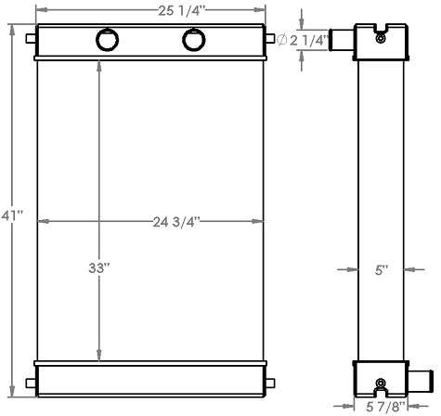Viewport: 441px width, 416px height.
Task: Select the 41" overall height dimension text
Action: pyautogui.click(x=12, y=215)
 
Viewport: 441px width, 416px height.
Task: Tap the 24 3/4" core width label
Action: pyautogui.click(x=177, y=221)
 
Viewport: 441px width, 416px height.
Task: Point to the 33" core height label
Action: pyautogui.click(x=99, y=268)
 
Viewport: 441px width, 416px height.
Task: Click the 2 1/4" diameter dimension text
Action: pyautogui.click(x=309, y=40)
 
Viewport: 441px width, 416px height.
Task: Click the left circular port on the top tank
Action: pyautogui.click(x=107, y=40)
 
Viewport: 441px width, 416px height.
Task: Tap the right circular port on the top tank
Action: pyautogui.click(x=195, y=40)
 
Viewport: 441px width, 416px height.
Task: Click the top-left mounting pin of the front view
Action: pyautogui.click(x=32, y=40)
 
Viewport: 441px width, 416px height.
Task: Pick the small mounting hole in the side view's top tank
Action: pyautogui.click(x=380, y=37)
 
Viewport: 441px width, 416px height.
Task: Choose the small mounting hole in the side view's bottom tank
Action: pyautogui.click(x=380, y=383)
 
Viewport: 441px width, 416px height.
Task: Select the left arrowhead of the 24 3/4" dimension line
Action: pyautogui.click(x=40, y=221)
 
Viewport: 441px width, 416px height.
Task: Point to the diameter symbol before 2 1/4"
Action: pyautogui.click(x=282, y=40)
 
